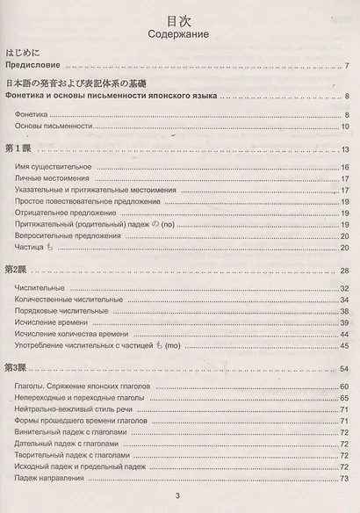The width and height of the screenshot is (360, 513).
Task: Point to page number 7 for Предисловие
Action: click(348, 67)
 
